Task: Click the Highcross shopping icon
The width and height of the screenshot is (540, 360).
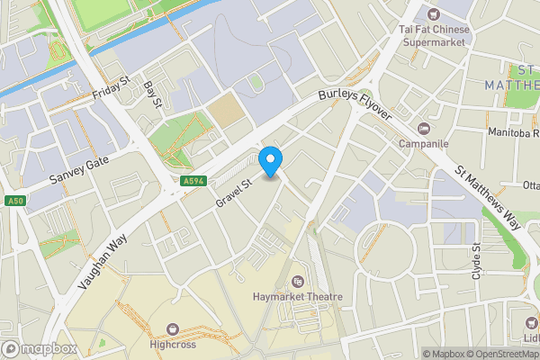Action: (173, 328)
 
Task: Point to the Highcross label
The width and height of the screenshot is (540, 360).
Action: (173, 344)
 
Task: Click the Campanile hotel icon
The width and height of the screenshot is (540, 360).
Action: (425, 127)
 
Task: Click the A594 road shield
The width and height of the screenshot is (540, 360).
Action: (189, 181)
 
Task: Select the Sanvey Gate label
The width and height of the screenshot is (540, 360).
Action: (78, 169)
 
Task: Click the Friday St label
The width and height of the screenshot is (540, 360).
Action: (112, 89)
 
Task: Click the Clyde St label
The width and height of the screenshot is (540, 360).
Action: (476, 260)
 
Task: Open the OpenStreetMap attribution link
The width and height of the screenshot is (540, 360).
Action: (498, 354)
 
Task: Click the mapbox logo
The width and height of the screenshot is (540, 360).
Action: (38, 348)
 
